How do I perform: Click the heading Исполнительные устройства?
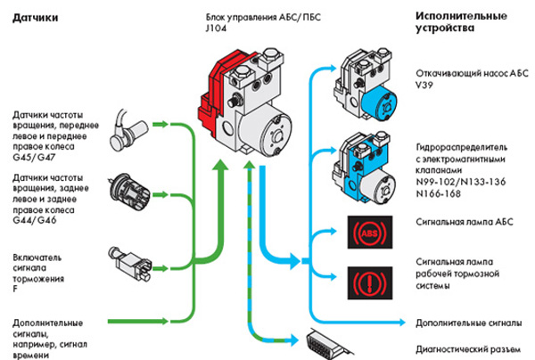[x=451, y=22]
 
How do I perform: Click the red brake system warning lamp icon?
[x=366, y=284]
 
